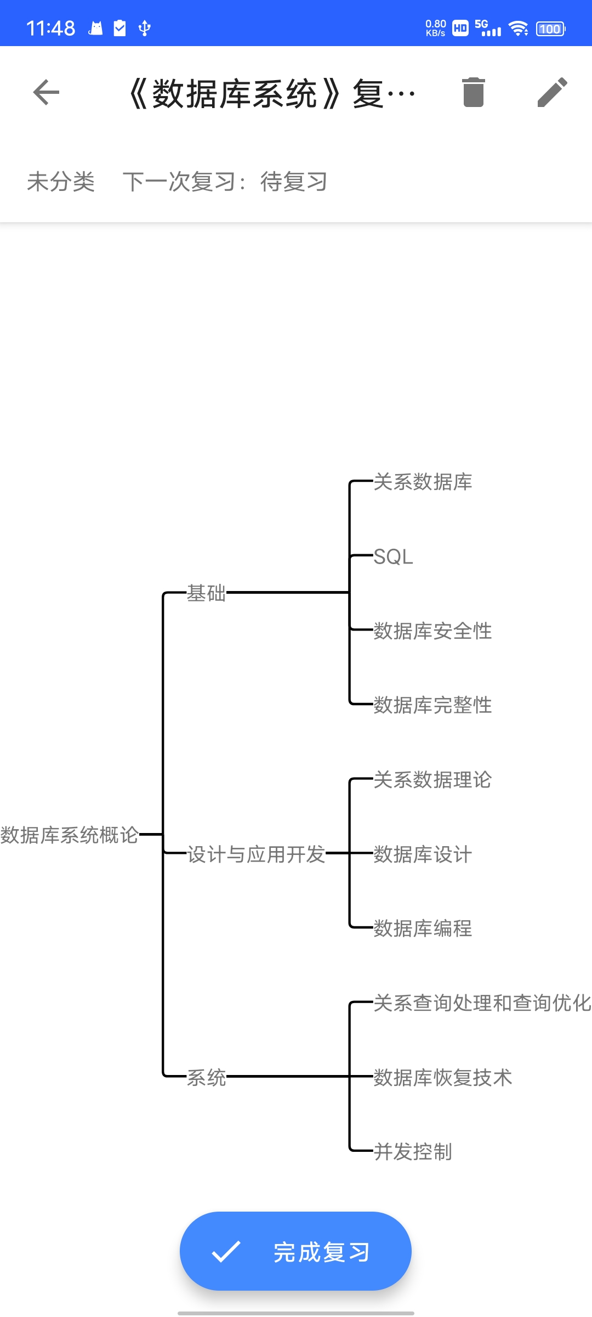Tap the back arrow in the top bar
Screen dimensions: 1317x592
coord(46,92)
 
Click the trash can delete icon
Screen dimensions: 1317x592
coord(473,92)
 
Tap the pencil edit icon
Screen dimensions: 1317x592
coord(552,92)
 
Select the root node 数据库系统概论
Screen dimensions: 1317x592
coord(69,835)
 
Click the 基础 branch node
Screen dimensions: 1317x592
coord(206,593)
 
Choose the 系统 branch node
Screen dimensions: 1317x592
coord(206,1078)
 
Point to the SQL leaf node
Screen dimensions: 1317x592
coord(393,557)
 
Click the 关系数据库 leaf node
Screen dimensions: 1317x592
coord(423,482)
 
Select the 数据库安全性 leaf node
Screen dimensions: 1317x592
coord(432,631)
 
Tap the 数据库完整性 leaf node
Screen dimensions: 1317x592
coord(432,705)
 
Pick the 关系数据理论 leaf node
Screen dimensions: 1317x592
coord(432,780)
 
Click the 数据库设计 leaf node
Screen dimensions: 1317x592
coord(423,854)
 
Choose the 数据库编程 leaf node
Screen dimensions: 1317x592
coord(423,928)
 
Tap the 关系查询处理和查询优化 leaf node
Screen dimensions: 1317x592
coord(482,1003)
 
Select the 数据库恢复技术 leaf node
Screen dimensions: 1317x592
coord(442,1078)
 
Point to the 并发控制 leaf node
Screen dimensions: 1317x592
coord(413,1152)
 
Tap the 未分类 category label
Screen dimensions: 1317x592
coord(61,182)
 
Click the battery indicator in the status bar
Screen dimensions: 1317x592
coord(550,29)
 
